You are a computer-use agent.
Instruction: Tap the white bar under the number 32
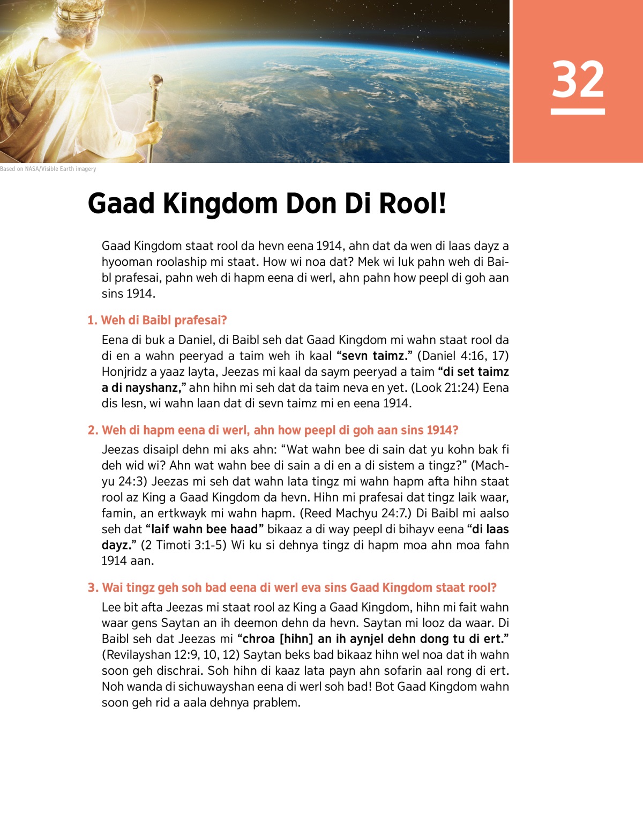click(x=578, y=111)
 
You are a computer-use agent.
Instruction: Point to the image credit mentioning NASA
click(x=48, y=169)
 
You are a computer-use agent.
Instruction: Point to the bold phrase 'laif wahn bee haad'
click(x=205, y=530)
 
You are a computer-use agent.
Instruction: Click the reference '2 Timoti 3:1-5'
click(x=184, y=545)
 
